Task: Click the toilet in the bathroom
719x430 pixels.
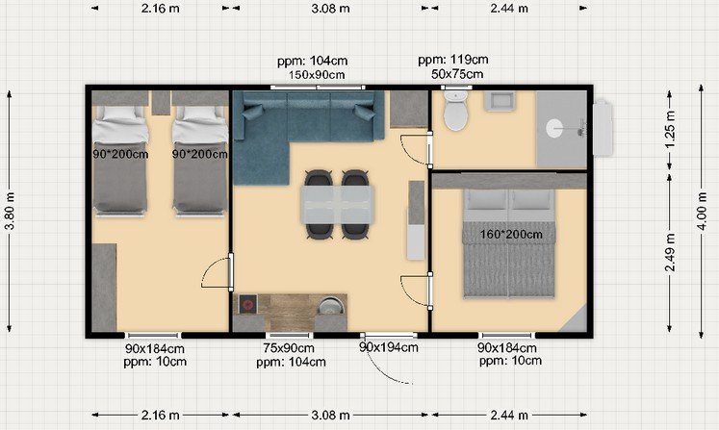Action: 455,110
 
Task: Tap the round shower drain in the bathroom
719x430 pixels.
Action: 554,128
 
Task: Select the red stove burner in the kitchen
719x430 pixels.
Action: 248,304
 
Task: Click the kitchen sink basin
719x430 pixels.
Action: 330,306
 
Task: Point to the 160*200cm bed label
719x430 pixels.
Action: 511,235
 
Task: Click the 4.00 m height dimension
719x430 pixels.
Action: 702,212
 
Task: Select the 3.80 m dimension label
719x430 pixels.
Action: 10,212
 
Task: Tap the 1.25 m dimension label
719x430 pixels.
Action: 670,130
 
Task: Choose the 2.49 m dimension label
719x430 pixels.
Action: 670,252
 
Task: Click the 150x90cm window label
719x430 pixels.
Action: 317,75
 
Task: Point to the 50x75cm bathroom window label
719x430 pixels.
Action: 457,74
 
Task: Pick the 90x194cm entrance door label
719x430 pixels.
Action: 389,347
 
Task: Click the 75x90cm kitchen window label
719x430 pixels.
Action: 289,348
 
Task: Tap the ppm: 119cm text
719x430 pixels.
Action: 453,60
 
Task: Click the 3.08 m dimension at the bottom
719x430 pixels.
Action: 330,416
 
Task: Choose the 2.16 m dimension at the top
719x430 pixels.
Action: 160,9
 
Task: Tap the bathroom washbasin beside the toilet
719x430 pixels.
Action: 500,101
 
